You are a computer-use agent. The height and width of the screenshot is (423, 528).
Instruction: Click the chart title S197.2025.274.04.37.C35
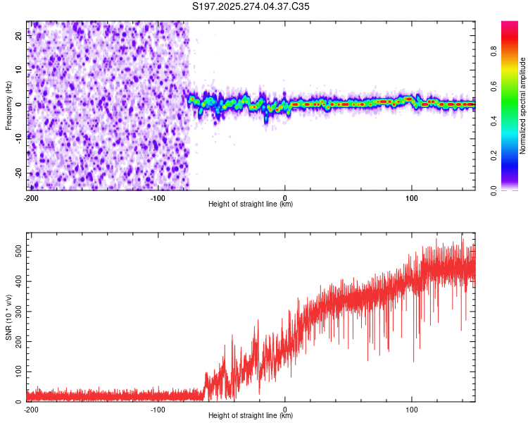[x=251, y=6]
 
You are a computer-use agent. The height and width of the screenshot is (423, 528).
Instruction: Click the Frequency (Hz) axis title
[x=8, y=106]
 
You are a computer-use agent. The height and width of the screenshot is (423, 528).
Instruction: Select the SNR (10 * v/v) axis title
[x=8, y=317]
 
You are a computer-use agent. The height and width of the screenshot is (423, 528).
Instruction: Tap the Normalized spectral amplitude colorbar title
[x=523, y=106]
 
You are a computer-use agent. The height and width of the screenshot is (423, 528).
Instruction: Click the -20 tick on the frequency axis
[x=18, y=173]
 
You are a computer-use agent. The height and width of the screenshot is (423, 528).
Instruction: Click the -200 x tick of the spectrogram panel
[x=31, y=197]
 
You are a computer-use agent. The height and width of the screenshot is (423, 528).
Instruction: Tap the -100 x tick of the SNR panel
[x=158, y=409]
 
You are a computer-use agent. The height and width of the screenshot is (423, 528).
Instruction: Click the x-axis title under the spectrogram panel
[x=251, y=204]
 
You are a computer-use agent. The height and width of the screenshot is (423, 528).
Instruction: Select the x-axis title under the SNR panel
[x=251, y=416]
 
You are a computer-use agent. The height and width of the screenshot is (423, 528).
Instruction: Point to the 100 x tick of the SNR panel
[x=412, y=409]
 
